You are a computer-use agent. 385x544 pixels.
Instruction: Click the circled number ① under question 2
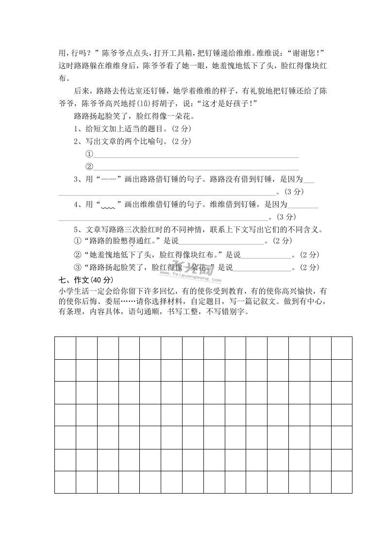tap(89, 154)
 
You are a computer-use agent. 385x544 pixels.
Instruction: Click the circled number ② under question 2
tap(89, 167)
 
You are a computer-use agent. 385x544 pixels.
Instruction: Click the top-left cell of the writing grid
tap(65, 348)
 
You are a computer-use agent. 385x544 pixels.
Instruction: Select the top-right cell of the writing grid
tap(341, 348)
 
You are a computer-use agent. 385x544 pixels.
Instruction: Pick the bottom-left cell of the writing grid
tap(65, 482)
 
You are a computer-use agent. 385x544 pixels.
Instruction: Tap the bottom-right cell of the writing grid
tap(341, 482)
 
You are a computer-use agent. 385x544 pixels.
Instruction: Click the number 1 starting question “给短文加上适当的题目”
tap(76, 129)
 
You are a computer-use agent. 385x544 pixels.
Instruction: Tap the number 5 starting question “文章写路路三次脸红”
tap(76, 229)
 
